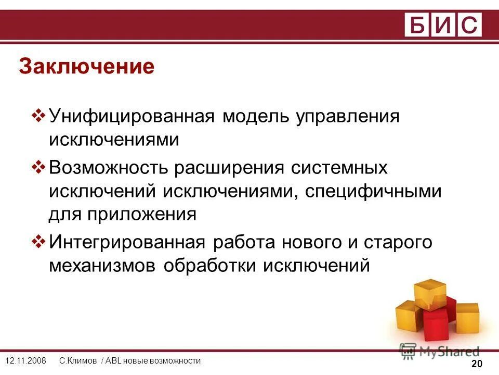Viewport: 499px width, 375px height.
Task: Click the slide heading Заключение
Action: coord(86,67)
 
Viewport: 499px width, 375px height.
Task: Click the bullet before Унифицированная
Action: coord(40,115)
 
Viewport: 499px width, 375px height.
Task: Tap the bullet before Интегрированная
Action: coord(40,242)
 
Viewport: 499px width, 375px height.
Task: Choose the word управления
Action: coord(348,117)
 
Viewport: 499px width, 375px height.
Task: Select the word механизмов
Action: coord(103,266)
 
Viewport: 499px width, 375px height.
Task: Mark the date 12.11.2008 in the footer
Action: coord(25,361)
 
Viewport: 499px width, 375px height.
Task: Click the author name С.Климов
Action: coord(78,361)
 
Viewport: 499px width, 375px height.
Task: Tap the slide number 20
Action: coord(477,364)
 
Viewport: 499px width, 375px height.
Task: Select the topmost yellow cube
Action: coord(430,293)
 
